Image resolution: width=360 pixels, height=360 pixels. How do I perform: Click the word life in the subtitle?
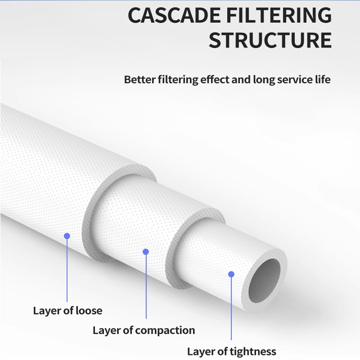322,80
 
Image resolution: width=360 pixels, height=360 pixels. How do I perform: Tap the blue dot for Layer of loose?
67,236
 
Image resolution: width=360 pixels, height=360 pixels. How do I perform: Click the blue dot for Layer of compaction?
145,252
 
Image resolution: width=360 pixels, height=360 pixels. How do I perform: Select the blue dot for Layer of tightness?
231,274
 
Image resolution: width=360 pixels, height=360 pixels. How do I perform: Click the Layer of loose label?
67,310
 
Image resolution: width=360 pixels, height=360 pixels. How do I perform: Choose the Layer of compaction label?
144,331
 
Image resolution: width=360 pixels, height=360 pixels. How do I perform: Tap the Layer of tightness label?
231,351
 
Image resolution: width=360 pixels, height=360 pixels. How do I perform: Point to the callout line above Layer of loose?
67,270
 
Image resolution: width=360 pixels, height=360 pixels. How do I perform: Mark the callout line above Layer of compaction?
145,288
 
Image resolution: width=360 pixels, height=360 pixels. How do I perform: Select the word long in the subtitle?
254,80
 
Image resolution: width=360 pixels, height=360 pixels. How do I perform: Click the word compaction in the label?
165,331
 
